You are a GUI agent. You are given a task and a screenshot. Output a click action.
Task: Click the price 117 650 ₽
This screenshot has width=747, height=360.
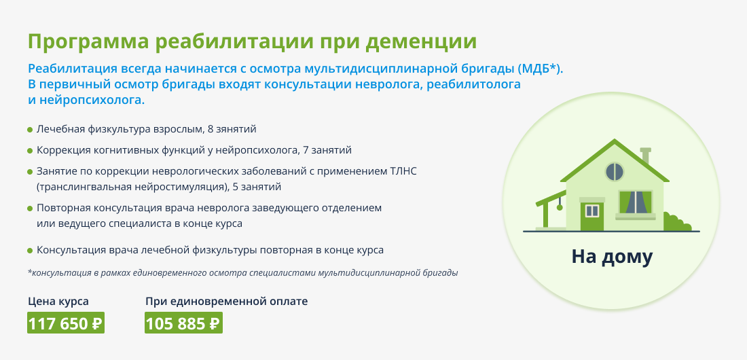tap(66, 323)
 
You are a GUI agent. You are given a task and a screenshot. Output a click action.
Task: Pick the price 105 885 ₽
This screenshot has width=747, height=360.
tap(183, 323)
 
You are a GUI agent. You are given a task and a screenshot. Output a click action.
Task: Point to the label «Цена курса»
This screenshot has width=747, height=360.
tap(58, 302)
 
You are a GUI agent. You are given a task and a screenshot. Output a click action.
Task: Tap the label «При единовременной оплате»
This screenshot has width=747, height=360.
tap(227, 302)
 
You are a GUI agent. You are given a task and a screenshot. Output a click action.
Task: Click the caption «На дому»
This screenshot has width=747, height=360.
tap(612, 257)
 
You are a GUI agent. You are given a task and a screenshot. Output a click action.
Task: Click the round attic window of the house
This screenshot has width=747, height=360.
tap(615, 172)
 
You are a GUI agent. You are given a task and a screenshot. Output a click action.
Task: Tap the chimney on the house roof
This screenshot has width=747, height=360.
tap(646, 156)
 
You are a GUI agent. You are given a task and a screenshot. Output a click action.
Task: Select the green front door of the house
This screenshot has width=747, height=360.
tap(591, 215)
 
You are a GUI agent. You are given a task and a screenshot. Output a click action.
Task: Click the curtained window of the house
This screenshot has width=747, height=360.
tap(635, 202)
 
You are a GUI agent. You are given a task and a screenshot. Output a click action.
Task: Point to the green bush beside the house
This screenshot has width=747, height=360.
tap(677, 223)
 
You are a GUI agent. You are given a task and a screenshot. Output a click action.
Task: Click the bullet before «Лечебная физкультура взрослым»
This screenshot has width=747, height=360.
tap(30, 130)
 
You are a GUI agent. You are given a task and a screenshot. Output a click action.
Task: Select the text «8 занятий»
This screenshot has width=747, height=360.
tap(232, 129)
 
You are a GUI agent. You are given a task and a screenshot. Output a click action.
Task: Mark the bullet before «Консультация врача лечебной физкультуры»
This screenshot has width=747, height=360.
tap(30, 251)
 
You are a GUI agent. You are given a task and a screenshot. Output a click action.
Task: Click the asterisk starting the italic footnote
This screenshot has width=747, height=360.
tap(29, 272)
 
